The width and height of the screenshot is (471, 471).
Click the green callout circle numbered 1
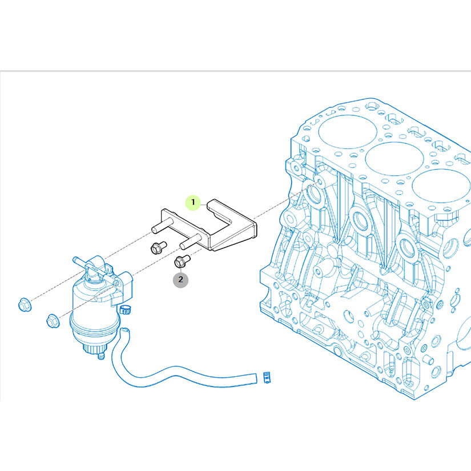point(193,203)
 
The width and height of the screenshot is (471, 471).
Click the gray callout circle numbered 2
point(180,280)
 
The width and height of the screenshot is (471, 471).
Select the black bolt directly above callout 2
point(182,261)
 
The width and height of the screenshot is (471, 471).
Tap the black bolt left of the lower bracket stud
point(158,247)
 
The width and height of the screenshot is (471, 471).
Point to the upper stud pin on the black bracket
point(162,226)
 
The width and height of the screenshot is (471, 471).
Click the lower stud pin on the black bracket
point(191,241)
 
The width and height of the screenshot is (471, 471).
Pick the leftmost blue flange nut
point(24,304)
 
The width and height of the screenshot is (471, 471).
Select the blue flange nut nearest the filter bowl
point(53,321)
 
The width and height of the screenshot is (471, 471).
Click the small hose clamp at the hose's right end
point(267,377)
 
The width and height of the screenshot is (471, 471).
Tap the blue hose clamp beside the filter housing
point(125,309)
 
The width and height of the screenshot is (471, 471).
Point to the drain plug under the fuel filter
point(101,356)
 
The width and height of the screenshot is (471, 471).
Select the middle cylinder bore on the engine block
point(394,159)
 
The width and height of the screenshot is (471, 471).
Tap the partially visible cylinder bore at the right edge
point(441,186)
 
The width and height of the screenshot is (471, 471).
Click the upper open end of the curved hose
point(125,332)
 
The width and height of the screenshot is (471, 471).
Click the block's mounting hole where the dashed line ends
point(319,182)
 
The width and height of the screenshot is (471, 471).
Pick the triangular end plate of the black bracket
point(234,238)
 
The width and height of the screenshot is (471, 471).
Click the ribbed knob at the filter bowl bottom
point(94,348)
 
